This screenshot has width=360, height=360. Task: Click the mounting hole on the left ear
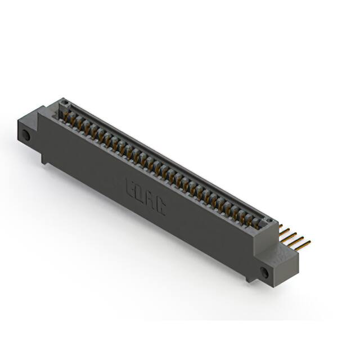[x=26, y=136]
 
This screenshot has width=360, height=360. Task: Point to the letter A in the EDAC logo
[x=150, y=202]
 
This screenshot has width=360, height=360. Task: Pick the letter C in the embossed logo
[x=160, y=209]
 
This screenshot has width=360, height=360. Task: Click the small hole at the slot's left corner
[x=64, y=104]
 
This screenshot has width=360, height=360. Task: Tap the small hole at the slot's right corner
[x=269, y=221]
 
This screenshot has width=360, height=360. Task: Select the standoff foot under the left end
[x=44, y=161]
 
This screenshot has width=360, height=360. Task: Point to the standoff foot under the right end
[x=247, y=278]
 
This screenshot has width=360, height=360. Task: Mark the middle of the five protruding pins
[x=293, y=235]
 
